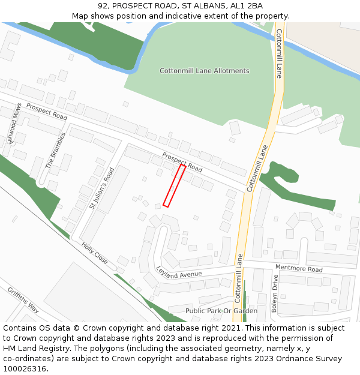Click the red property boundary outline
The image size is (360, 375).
pyautogui.click(x=174, y=185)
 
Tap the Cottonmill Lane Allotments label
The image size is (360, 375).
pyautogui.click(x=204, y=71)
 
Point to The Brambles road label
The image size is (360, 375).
pyautogui.click(x=53, y=150)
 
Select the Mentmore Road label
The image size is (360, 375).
pyautogui.click(x=299, y=269)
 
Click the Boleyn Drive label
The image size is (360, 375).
pyautogui.click(x=275, y=293)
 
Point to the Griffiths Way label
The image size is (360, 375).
pyautogui.click(x=23, y=300)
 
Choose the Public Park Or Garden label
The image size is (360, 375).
pyautogui.click(x=221, y=311)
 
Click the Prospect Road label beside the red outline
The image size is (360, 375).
pyautogui.click(x=182, y=162)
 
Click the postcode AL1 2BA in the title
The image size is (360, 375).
pyautogui.click(x=247, y=5)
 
